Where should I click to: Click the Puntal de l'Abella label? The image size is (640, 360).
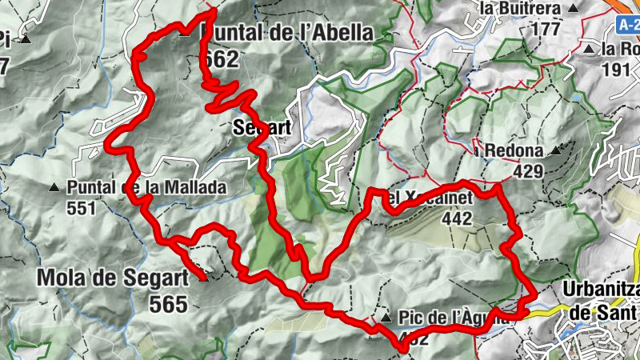[x=288, y=33]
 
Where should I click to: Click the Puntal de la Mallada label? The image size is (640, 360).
[x=147, y=187]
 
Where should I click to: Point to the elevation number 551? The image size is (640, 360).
[x=82, y=208]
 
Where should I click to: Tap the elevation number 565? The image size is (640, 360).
[x=167, y=304]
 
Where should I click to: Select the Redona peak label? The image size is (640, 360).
[x=514, y=150]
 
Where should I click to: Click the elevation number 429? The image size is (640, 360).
[x=529, y=171]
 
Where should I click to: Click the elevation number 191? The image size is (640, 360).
[x=615, y=69]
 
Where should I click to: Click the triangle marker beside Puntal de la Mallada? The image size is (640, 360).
[x=54, y=188]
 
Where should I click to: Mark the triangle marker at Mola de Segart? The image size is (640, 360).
[x=202, y=278]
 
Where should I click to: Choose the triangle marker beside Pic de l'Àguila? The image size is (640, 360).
[x=386, y=318]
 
